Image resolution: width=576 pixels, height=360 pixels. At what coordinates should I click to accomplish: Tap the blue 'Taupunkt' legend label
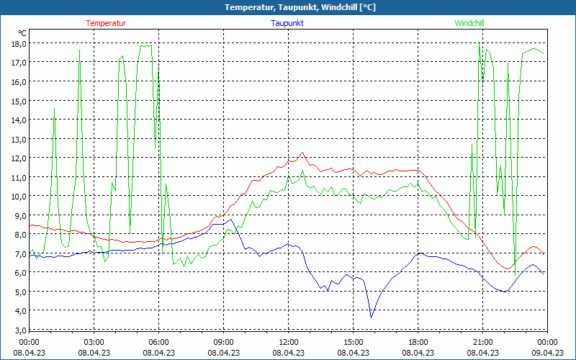click(287, 23)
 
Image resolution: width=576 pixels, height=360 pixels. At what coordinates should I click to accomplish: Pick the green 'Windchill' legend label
click(469, 23)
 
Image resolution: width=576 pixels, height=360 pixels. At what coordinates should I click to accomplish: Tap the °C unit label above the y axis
click(22, 33)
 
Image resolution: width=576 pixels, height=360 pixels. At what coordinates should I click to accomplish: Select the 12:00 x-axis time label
click(289, 342)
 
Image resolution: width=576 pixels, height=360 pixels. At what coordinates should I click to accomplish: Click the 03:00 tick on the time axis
click(94, 342)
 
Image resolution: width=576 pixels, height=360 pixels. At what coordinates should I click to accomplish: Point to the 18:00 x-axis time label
click(418, 342)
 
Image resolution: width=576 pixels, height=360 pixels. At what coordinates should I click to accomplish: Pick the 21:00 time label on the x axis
click(483, 342)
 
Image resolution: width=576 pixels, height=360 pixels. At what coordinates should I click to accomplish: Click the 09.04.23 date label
click(547, 353)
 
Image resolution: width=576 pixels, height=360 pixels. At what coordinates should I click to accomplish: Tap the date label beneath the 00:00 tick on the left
click(30, 353)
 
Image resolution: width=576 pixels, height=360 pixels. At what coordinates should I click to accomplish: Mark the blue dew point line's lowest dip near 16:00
click(372, 317)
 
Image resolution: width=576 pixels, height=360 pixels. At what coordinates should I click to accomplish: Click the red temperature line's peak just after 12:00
click(303, 153)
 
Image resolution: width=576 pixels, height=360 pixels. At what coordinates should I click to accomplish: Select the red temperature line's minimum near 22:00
click(508, 269)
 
